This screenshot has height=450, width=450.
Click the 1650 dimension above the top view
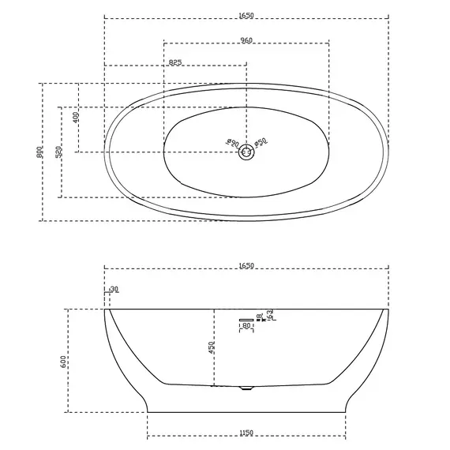[247, 13]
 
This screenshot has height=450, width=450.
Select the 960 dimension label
[247, 39]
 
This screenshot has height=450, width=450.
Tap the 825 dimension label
[175, 62]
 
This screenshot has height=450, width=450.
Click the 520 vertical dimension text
[58, 152]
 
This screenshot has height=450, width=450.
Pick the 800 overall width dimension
[39, 152]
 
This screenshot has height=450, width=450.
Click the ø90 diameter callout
[231, 142]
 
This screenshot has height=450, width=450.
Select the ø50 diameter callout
[261, 141]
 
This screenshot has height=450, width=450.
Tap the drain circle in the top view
[247, 152]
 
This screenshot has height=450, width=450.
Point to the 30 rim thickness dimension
[114, 290]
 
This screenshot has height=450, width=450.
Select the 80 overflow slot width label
[246, 325]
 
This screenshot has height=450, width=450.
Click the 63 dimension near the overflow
[270, 315]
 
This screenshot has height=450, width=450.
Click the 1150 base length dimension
[247, 433]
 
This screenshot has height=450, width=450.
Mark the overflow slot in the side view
[246, 318]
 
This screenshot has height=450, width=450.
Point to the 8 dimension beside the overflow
[261, 316]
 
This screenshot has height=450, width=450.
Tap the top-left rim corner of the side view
[106, 310]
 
